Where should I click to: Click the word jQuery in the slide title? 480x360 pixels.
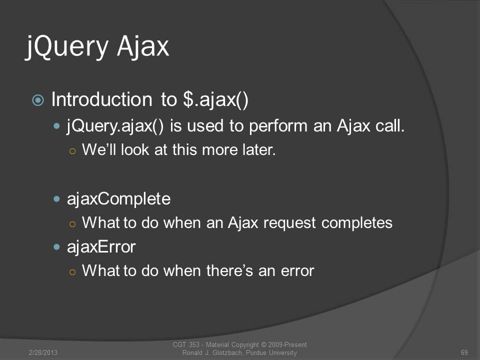(x=66, y=47)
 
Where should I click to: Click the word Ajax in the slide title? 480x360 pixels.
(x=142, y=47)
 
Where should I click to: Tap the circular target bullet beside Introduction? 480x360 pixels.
(x=38, y=100)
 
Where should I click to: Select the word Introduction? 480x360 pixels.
(x=101, y=99)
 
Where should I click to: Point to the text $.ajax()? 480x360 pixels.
(x=215, y=100)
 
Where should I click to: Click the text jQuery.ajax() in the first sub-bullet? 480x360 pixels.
(x=115, y=126)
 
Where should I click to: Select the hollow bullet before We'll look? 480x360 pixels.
(x=72, y=151)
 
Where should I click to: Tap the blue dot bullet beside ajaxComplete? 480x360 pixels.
(x=56, y=199)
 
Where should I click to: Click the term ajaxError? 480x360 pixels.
(x=101, y=247)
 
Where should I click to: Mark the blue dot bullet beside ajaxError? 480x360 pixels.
(x=56, y=247)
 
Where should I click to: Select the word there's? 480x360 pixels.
(x=229, y=270)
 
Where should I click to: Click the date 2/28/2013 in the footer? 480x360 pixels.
(x=43, y=352)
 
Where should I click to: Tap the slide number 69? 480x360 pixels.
(x=464, y=352)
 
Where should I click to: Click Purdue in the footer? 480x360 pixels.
(x=256, y=352)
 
